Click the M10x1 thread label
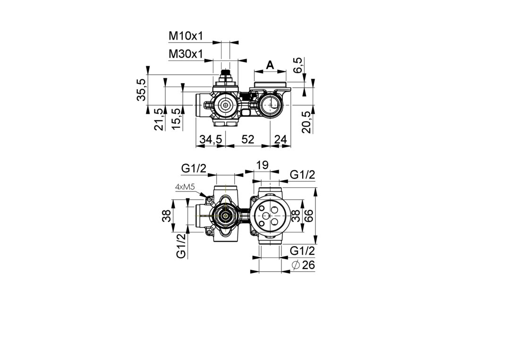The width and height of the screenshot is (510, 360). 186,36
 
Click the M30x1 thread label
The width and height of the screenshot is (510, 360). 186,54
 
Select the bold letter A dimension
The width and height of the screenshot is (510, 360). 270,65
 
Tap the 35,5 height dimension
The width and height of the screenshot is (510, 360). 141,90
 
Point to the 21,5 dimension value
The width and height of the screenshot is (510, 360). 159,119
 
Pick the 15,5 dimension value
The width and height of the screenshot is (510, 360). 177,119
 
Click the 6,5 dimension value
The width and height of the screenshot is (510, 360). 298,65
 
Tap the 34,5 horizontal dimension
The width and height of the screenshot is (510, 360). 211,139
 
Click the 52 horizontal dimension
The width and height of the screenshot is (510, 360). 247,139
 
